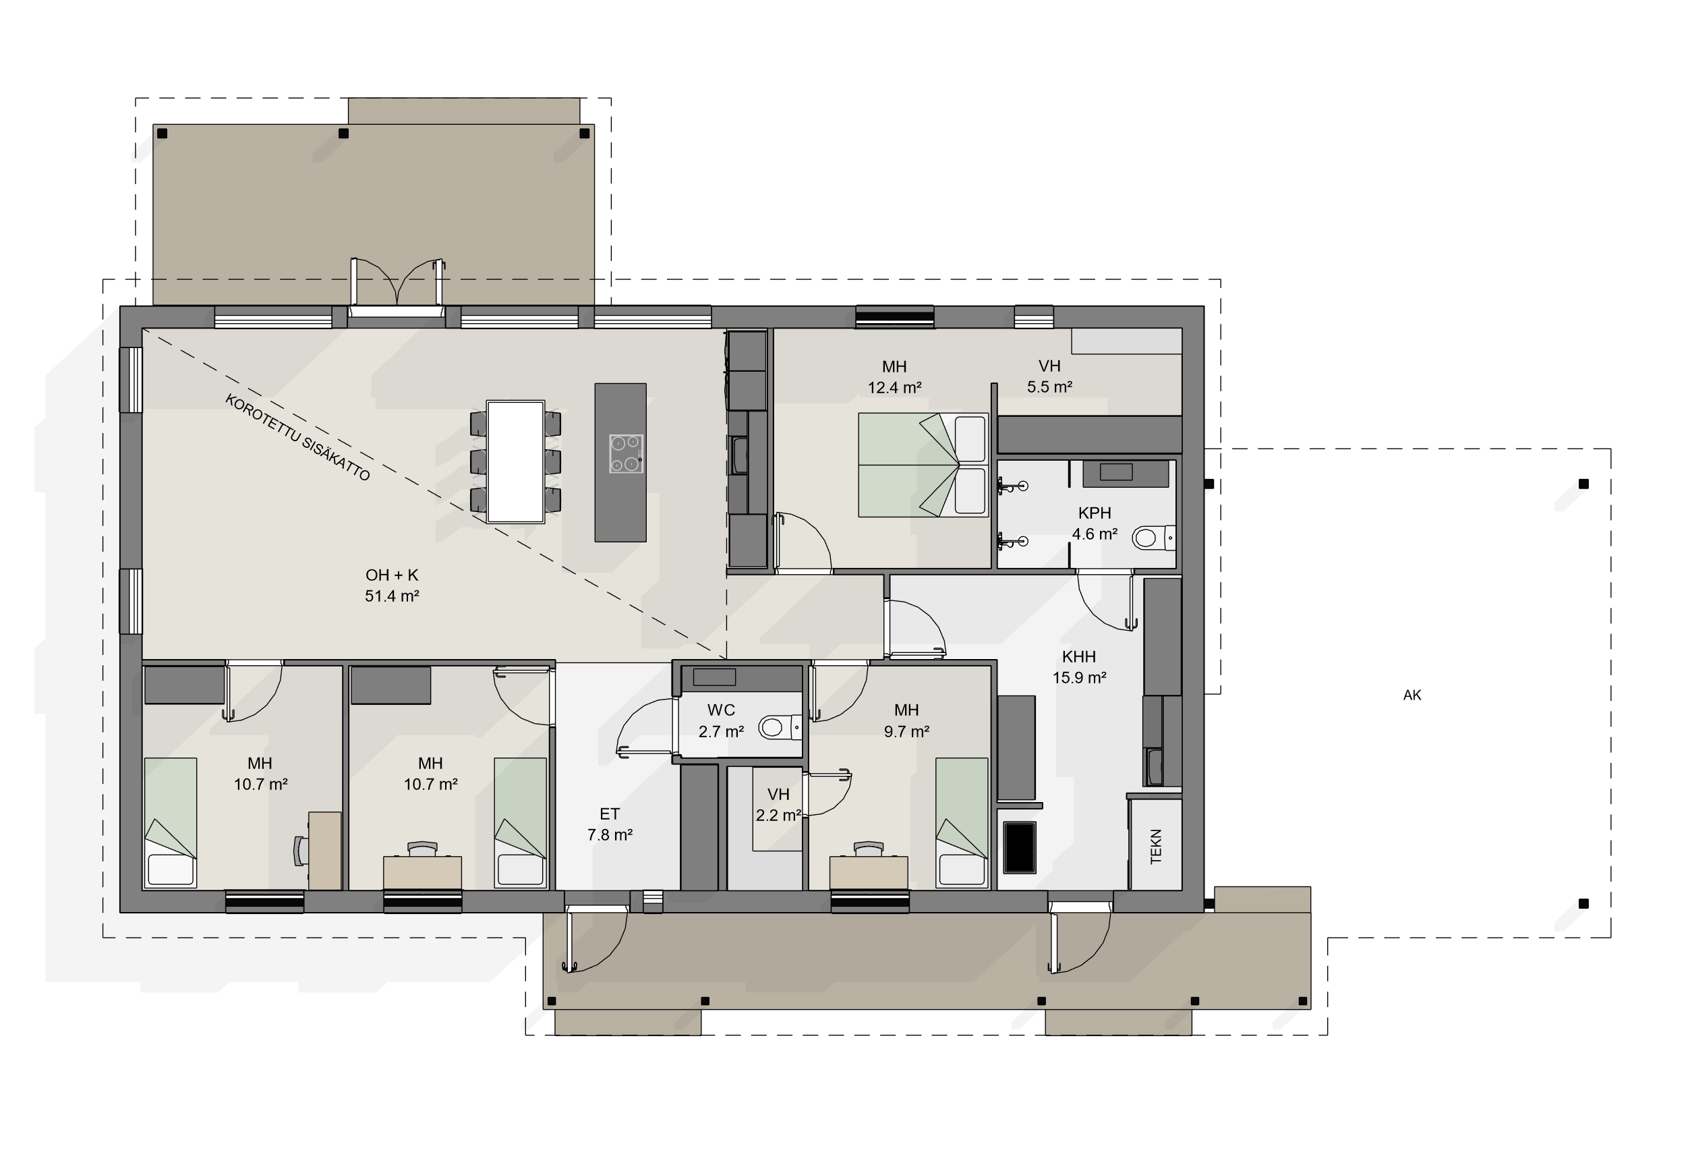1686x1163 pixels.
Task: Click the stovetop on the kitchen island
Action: [627, 454]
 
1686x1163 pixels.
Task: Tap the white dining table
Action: [516, 461]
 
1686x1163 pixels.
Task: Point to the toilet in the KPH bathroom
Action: [1154, 538]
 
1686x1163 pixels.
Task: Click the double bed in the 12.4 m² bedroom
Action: [923, 465]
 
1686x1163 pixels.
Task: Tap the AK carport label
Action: [1412, 696]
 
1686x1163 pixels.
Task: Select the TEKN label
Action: [1156, 846]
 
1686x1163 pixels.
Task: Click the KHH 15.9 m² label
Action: [1079, 666]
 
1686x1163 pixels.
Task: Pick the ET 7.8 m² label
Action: [610, 824]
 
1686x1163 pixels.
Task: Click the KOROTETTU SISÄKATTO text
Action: [297, 437]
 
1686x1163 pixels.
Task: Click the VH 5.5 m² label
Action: [1049, 376]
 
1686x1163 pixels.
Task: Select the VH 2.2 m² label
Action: [778, 805]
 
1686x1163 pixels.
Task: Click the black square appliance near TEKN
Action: [1020, 847]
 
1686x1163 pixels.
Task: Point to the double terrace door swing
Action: [398, 282]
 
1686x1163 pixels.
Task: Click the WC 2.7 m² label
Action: [721, 720]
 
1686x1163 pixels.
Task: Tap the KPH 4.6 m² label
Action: [1095, 523]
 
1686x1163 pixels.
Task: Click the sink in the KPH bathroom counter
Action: [1115, 472]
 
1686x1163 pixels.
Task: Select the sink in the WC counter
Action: [714, 677]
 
